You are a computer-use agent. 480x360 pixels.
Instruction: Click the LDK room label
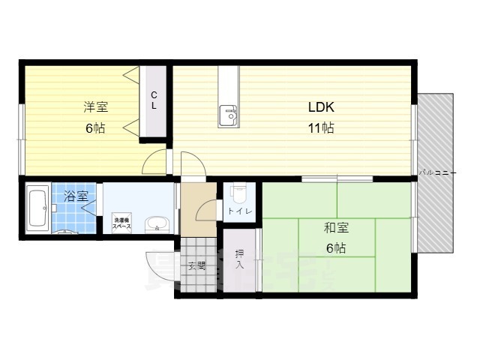coord(320,106)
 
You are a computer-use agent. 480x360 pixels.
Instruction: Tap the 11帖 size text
coord(320,127)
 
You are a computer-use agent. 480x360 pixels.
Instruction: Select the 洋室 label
coord(94,106)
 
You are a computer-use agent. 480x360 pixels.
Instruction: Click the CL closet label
coord(154,100)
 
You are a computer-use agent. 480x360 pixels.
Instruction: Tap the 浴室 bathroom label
coord(76,196)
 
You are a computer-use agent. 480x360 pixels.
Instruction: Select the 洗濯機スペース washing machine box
coord(122,223)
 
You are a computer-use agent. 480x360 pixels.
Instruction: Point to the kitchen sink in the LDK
coord(228,116)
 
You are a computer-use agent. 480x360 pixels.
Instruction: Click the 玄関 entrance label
coord(197,265)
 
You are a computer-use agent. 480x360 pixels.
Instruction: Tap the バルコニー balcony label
coord(436,172)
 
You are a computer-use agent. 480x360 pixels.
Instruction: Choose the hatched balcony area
coord(435,217)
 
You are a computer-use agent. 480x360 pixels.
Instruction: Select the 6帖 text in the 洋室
coord(94,128)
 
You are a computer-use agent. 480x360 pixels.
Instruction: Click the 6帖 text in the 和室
coord(335,248)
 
